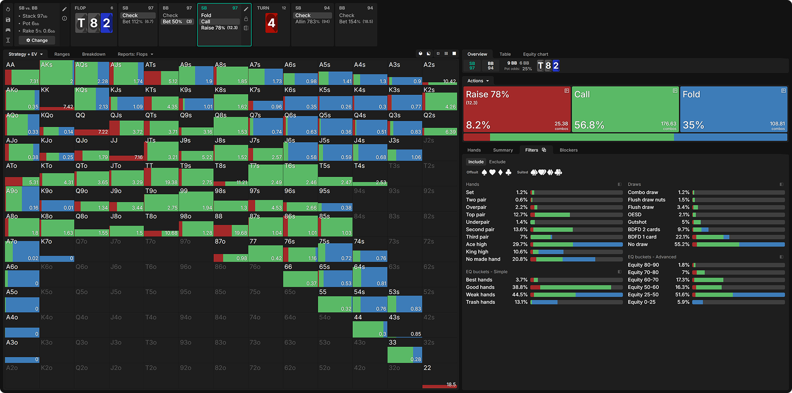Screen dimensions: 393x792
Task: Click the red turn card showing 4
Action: click(x=271, y=23)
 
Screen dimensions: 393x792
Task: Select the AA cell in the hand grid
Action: click(x=22, y=73)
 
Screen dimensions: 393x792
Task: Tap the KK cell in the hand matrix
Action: click(x=57, y=98)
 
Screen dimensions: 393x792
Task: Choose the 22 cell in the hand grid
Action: click(x=440, y=376)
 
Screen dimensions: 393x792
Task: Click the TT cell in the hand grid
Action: click(x=161, y=174)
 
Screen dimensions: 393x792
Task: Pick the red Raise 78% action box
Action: click(x=517, y=109)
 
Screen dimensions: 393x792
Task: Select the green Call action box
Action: click(x=625, y=109)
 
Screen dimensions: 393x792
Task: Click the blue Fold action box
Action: click(x=734, y=109)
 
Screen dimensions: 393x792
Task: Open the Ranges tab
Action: click(x=62, y=54)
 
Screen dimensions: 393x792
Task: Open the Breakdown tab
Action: click(x=94, y=54)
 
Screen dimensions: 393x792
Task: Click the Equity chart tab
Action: click(x=535, y=54)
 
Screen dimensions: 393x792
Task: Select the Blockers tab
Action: click(x=568, y=150)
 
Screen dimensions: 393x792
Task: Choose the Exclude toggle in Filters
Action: click(x=497, y=162)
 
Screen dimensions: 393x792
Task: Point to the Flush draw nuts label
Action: click(x=646, y=200)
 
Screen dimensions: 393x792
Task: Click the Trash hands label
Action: click(x=480, y=302)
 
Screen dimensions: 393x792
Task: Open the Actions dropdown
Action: click(x=478, y=81)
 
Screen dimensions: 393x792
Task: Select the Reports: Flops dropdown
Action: click(x=135, y=54)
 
